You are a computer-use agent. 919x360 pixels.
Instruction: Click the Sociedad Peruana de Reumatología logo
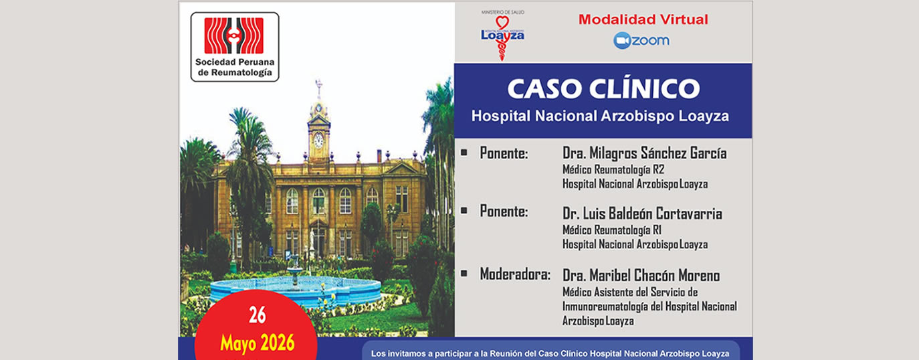click(235, 47)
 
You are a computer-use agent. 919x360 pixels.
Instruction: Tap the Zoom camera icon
click(621, 41)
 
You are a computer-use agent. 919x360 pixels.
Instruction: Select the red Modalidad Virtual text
click(643, 19)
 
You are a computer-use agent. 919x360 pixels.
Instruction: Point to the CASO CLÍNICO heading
click(603, 88)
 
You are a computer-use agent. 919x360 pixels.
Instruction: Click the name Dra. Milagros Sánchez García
click(644, 153)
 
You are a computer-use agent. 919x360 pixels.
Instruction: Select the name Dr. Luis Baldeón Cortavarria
click(642, 213)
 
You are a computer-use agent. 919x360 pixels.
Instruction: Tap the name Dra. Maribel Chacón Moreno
click(641, 276)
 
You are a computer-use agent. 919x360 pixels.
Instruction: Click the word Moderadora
click(514, 274)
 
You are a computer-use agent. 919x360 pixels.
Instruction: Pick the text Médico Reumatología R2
click(613, 169)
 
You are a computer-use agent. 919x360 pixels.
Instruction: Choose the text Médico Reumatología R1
click(612, 230)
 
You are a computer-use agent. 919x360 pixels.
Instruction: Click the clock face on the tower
click(318, 141)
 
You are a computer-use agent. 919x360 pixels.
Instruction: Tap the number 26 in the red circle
click(258, 315)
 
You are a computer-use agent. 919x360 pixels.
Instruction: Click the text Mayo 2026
click(258, 343)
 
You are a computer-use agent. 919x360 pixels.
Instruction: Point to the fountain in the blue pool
click(294, 270)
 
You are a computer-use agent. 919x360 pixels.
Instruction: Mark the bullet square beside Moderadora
click(464, 273)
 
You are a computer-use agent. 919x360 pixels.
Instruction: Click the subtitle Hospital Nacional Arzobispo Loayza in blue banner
click(600, 116)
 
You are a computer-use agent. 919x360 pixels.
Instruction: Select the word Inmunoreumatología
click(605, 306)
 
